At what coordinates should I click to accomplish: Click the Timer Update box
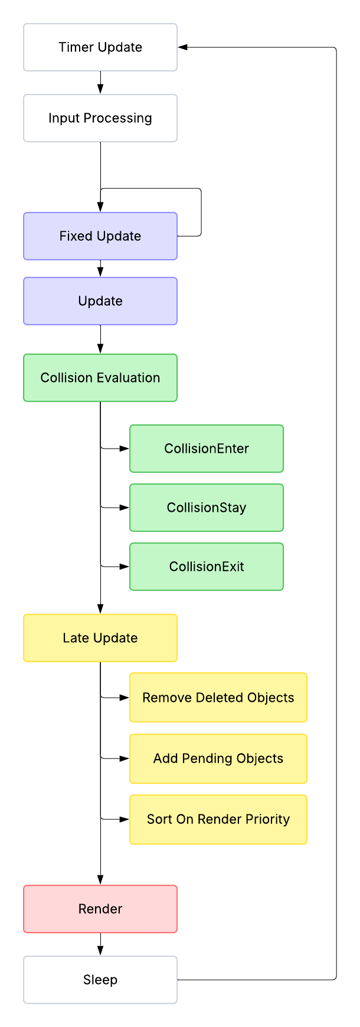point(100,47)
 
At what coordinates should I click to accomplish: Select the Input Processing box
point(100,118)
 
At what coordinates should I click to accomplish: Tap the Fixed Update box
point(100,236)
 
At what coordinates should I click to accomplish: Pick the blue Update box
point(100,301)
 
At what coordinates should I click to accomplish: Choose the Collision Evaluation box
point(100,378)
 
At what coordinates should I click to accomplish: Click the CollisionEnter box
point(207,449)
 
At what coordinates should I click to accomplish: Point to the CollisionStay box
point(207,508)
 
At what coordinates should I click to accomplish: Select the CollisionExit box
point(207,567)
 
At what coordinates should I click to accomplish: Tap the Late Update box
point(100,638)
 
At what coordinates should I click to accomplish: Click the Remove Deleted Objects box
point(218,698)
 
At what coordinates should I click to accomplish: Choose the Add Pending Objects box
point(218,758)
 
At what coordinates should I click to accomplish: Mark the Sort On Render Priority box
point(218,819)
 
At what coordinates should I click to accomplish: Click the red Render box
point(100,909)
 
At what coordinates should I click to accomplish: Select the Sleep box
point(100,980)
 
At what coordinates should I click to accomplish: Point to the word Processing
point(117,119)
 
